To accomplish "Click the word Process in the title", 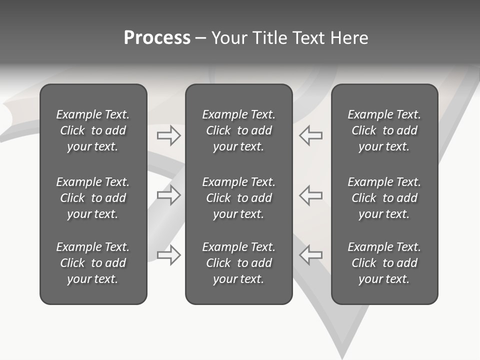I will pyautogui.click(x=157, y=38).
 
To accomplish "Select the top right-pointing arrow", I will pyautogui.click(x=169, y=135).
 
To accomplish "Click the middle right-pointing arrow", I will pyautogui.click(x=169, y=194).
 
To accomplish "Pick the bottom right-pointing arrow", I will pyautogui.click(x=169, y=254).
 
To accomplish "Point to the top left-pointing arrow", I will pyautogui.click(x=310, y=135).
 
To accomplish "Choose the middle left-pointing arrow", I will pyautogui.click(x=310, y=194).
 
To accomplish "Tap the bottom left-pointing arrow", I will pyautogui.click(x=310, y=254).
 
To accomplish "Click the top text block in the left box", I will pyautogui.click(x=93, y=130).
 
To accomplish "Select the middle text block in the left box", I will pyautogui.click(x=93, y=198).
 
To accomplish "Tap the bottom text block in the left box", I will pyautogui.click(x=93, y=263).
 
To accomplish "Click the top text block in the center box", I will pyautogui.click(x=238, y=130).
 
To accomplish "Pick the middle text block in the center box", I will pyautogui.click(x=238, y=198).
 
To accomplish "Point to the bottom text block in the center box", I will pyautogui.click(x=238, y=263).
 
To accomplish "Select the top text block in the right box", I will pyautogui.click(x=384, y=130).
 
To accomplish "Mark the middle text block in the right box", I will pyautogui.click(x=384, y=198).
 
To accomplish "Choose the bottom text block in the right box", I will pyautogui.click(x=384, y=263).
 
